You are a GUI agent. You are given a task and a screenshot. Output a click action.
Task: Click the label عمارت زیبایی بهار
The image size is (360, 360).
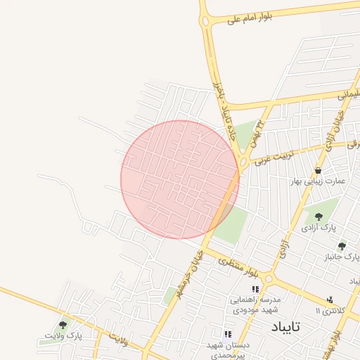point(320,181)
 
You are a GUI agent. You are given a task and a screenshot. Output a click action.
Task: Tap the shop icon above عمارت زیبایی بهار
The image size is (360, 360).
point(319,171)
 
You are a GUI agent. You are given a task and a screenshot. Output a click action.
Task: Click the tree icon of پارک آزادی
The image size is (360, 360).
point(319,217)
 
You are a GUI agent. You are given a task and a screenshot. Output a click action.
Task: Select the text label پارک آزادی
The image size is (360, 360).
point(319,228)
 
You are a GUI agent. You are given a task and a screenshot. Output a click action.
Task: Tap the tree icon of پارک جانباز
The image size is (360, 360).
point(342,246)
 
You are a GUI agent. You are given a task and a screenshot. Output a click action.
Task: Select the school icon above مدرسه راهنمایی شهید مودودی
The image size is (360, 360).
point(256,289)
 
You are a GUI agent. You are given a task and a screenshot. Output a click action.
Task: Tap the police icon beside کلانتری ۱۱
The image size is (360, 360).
point(330,300)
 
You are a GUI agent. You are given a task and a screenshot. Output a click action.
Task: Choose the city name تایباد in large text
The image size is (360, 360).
point(285,327)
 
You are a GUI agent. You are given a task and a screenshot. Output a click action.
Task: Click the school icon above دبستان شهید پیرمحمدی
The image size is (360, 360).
point(226,335)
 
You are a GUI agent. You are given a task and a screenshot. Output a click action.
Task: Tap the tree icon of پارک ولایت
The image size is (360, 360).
point(63,325)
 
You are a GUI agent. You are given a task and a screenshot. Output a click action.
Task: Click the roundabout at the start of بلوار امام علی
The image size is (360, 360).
point(206,22)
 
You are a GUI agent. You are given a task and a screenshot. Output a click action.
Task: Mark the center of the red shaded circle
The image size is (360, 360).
point(180,179)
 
